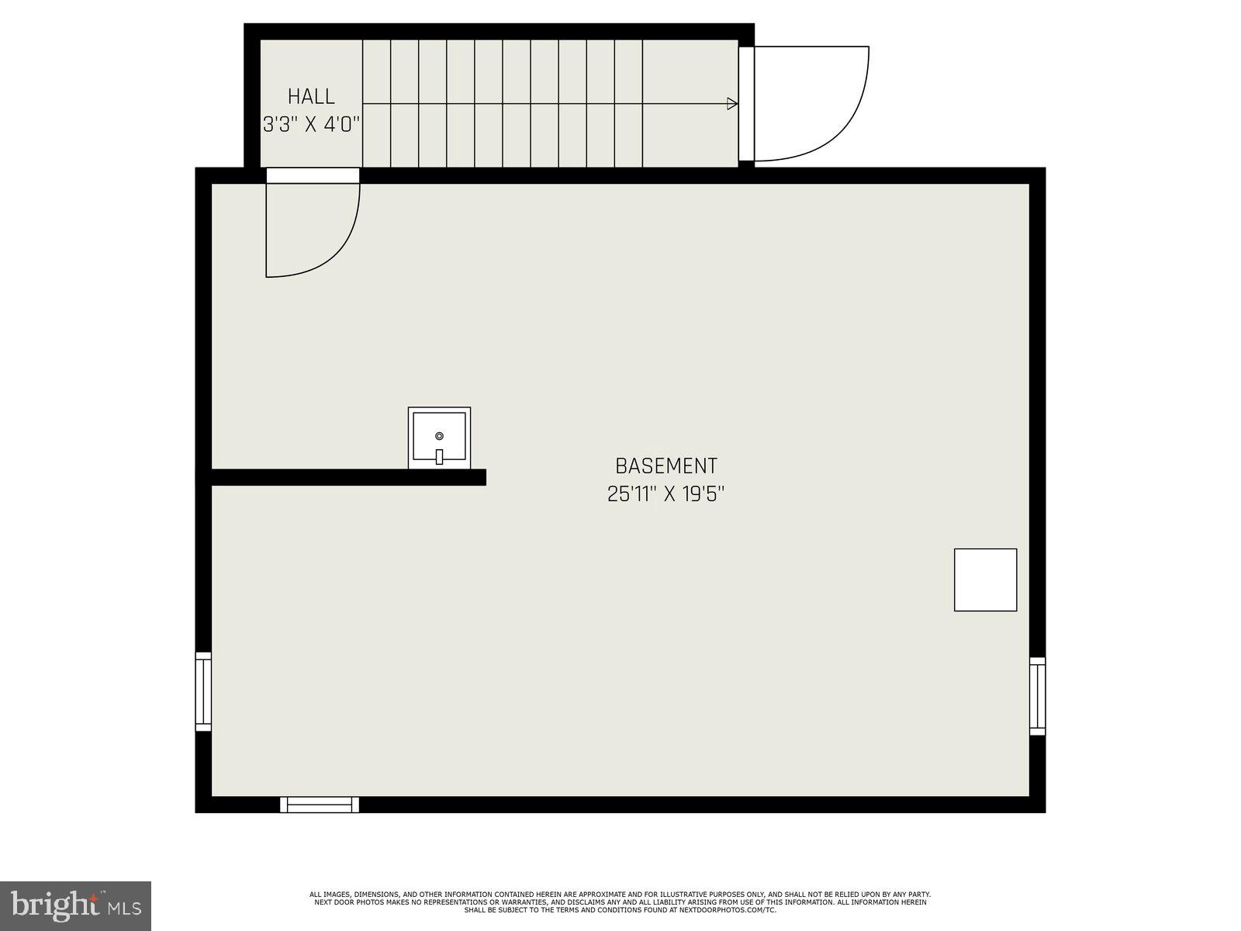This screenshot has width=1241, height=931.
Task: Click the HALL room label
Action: [311, 97]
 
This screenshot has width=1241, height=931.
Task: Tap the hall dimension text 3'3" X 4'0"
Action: [311, 124]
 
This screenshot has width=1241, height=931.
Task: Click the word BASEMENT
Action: [665, 466]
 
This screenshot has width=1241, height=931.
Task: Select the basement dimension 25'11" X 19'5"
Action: [665, 494]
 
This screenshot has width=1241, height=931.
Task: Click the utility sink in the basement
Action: [439, 438]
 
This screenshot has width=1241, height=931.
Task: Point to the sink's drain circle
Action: [439, 436]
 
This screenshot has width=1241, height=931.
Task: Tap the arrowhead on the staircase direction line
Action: [731, 104]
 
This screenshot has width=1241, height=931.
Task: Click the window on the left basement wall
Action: [203, 691]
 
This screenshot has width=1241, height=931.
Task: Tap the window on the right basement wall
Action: [1037, 696]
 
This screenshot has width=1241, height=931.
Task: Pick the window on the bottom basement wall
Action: [320, 805]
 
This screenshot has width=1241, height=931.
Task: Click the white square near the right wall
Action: [985, 580]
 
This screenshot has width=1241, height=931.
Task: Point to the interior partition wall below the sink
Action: [349, 477]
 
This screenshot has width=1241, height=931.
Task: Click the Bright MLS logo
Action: [75, 905]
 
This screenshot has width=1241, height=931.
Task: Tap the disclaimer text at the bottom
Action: [620, 902]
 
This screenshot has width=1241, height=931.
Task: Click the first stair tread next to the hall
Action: [376, 104]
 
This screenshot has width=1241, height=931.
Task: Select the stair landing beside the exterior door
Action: [690, 104]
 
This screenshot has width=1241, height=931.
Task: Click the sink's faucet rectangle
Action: [439, 457]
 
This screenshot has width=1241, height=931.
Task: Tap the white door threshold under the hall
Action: [313, 175]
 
